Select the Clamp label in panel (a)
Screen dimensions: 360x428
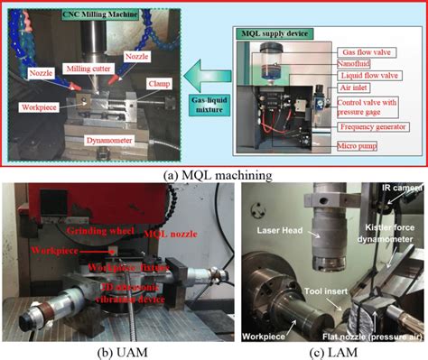coord(154,88)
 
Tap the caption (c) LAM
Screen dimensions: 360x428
coord(320,350)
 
